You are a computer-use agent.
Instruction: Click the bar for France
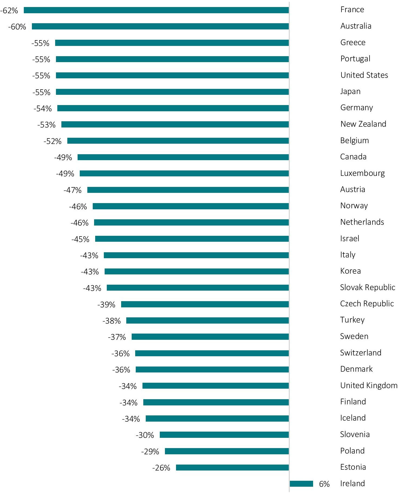156,10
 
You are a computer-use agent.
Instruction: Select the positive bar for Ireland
301,484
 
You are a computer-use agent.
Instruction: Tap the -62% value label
9,11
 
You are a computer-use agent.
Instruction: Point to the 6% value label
324,484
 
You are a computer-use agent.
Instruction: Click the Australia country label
356,26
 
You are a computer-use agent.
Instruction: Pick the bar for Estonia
232,468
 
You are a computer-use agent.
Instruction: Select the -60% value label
17,27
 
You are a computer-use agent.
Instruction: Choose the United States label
364,75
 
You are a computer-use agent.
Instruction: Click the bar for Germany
173,108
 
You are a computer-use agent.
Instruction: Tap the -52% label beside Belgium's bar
53,141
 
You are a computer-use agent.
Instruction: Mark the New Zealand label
363,124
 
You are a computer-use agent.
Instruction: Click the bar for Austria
188,190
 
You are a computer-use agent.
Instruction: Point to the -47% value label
72,190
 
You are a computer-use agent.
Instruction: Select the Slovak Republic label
367,287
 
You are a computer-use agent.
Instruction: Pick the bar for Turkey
207,321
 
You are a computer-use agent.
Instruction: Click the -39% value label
106,305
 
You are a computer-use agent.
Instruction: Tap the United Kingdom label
369,385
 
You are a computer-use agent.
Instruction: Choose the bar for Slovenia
224,435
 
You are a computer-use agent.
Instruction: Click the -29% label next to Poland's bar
150,452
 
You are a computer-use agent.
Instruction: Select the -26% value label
161,468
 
